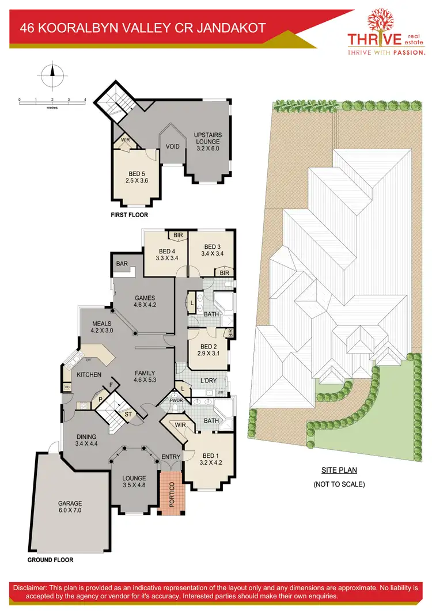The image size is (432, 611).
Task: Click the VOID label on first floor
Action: tap(173, 146)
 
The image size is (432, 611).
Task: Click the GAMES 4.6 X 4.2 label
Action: tap(145, 302)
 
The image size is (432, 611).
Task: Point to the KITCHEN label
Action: tap(89, 375)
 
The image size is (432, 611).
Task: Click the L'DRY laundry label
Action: tap(209, 381)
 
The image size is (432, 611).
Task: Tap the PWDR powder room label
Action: tap(176, 400)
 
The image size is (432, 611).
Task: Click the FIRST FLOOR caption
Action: tap(130, 215)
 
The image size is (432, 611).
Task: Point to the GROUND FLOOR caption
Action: tap(50, 560)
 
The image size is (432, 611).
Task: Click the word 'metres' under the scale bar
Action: tap(52, 107)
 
